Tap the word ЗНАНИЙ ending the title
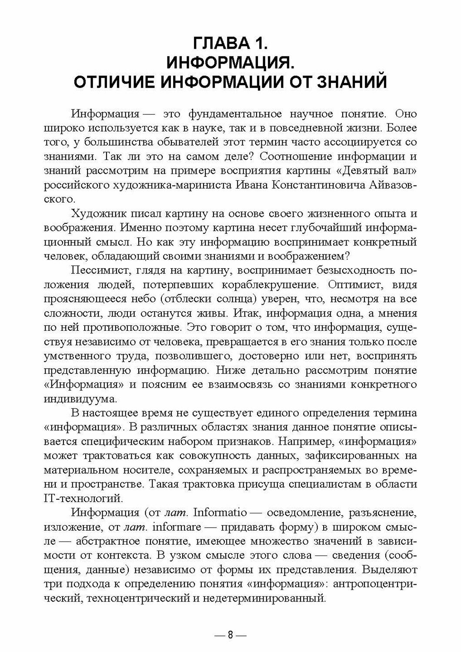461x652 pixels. (347, 82)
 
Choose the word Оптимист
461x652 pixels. (355, 286)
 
